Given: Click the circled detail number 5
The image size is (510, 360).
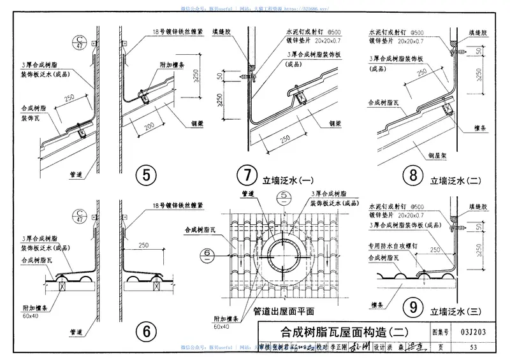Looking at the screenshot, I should [147, 175].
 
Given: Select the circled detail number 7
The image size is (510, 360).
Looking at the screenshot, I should [245, 175].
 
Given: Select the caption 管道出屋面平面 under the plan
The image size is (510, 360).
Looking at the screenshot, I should [284, 312].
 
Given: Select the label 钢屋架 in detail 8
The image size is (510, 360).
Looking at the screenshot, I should [423, 154].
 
